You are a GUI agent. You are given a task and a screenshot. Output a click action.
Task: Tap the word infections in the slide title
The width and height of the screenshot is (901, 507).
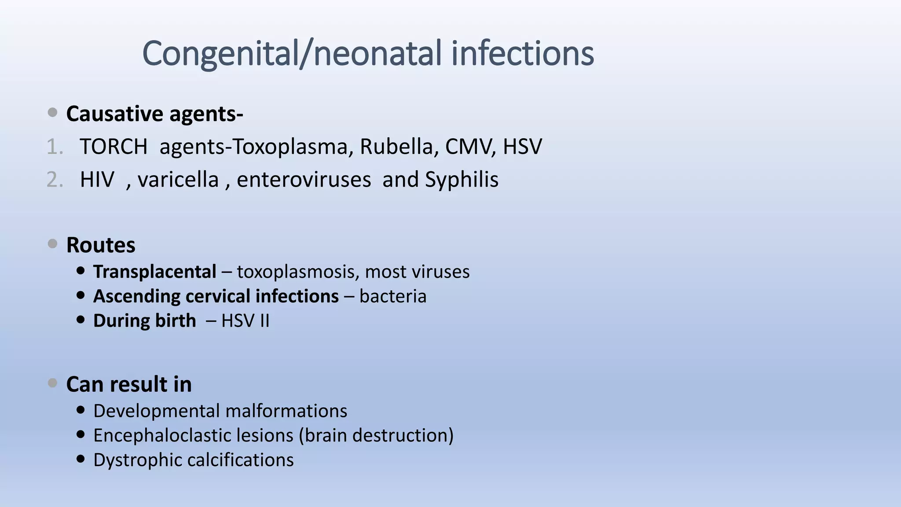pyautogui.click(x=523, y=54)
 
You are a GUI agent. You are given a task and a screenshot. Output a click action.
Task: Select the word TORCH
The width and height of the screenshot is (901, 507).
pyautogui.click(x=114, y=147)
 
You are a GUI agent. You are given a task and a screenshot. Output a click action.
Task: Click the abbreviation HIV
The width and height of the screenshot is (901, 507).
pyautogui.click(x=97, y=180)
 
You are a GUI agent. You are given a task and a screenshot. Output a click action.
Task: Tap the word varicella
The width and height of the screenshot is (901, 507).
pyautogui.click(x=178, y=180)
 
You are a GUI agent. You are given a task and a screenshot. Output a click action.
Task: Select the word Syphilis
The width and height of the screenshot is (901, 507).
pyautogui.click(x=461, y=180)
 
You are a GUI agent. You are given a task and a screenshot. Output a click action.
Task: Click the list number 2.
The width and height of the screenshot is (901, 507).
pyautogui.click(x=55, y=180)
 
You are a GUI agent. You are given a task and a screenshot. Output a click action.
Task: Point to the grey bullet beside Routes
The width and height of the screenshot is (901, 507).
pyautogui.click(x=52, y=244)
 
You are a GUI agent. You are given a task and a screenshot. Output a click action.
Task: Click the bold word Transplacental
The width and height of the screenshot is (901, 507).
pyautogui.click(x=154, y=272)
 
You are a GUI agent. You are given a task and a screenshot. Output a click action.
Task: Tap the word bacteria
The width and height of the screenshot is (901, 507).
pyautogui.click(x=393, y=296)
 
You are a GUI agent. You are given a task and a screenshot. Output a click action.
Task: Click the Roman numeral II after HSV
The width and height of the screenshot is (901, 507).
pyautogui.click(x=264, y=321)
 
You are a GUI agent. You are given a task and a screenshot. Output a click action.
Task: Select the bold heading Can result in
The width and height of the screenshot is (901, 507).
pyautogui.click(x=129, y=384)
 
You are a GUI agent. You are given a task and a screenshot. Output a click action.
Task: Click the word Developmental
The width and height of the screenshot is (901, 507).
pyautogui.click(x=156, y=411)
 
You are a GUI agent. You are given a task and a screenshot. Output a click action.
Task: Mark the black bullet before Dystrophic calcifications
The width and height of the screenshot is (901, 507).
pyautogui.click(x=80, y=459)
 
